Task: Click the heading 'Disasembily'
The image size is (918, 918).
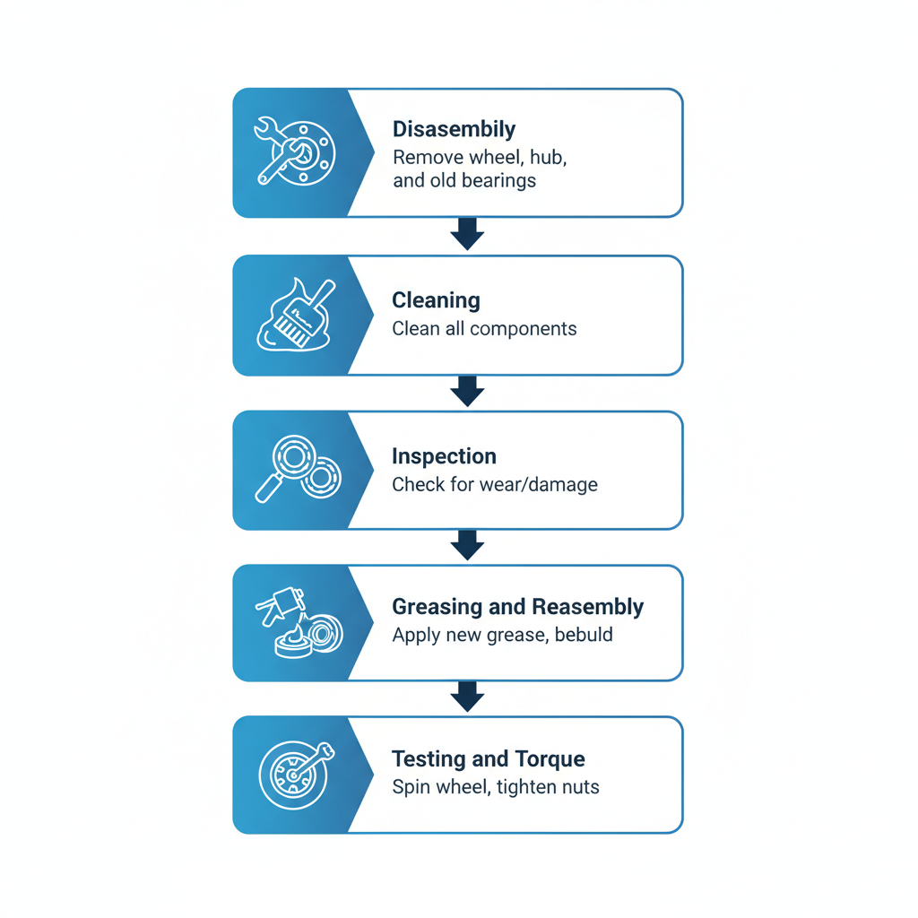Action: coord(454,129)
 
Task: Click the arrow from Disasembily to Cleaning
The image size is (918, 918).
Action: coord(467,234)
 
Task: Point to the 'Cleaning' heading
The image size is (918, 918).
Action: coord(436,300)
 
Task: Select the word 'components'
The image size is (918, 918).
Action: coord(524,329)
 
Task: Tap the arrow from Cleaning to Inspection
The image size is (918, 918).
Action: coord(467,391)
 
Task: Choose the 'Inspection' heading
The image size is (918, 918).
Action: coord(444,456)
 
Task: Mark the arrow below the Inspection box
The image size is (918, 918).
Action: coord(467,545)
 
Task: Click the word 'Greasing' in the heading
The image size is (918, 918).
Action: coord(437,607)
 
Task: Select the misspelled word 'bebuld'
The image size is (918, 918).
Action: coord(584,636)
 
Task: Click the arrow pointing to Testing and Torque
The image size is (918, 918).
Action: coord(467,697)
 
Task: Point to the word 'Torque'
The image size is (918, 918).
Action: coord(549,759)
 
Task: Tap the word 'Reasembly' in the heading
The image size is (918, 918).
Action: coord(587,607)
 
